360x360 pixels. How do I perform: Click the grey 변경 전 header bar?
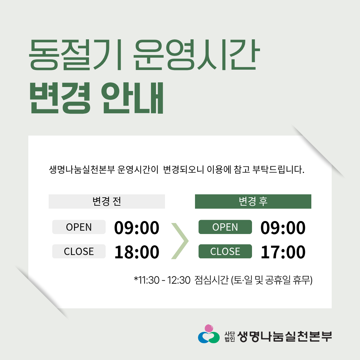tap(107, 201)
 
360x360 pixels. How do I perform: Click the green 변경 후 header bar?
tap(253, 201)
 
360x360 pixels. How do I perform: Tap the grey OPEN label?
tap(79, 227)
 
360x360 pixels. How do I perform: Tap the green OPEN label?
tap(225, 227)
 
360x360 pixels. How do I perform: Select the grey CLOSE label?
tap(79, 251)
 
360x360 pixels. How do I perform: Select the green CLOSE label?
tap(225, 251)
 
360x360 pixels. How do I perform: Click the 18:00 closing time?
tap(137, 252)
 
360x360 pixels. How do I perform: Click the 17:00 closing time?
tap(283, 252)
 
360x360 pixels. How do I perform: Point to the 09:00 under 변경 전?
tap(137, 228)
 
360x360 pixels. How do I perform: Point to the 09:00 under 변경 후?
tap(283, 228)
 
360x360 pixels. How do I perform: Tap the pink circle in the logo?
tap(209, 328)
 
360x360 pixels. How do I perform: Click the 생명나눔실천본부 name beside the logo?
tap(285, 336)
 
